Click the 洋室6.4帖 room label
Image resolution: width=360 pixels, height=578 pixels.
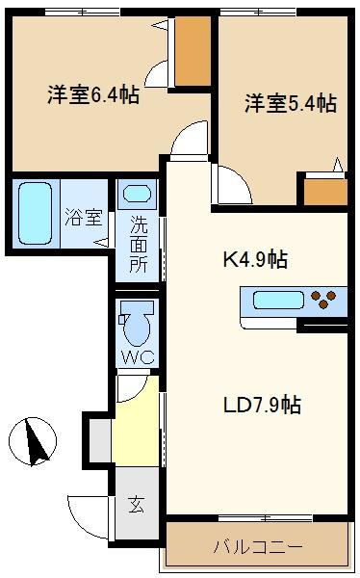(x=93, y=94)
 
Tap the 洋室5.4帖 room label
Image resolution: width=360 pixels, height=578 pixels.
(x=291, y=103)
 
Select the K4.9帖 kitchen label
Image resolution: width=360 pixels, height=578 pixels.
(x=255, y=259)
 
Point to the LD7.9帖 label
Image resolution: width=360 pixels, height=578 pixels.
(x=262, y=405)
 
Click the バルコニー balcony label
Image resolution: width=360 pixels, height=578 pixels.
(x=258, y=546)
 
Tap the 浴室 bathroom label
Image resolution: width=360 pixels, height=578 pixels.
(x=84, y=217)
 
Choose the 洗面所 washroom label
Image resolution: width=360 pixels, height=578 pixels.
(x=139, y=244)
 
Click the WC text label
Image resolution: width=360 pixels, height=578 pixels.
(x=138, y=356)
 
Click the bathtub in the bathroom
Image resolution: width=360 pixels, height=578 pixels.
(x=35, y=214)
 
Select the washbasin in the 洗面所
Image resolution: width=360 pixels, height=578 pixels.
(x=137, y=194)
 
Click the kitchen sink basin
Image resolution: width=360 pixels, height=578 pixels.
(x=278, y=300)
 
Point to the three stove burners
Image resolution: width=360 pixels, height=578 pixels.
(x=323, y=300)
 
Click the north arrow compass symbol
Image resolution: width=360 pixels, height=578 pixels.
(x=33, y=441)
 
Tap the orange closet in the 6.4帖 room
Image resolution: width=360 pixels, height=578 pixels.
(x=193, y=51)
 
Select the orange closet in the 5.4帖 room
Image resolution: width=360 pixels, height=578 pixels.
(x=325, y=192)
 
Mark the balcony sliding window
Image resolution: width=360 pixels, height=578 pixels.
(x=266, y=518)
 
